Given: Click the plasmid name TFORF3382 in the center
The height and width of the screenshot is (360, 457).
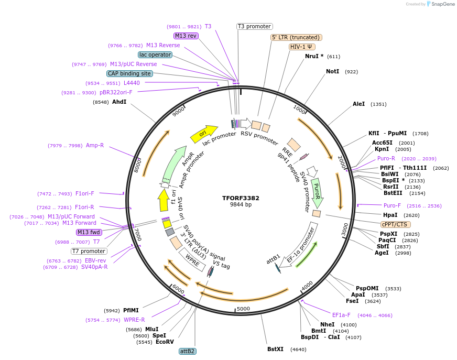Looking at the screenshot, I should (x=241, y=198).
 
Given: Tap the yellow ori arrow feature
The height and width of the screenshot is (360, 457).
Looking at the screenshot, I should (x=204, y=134).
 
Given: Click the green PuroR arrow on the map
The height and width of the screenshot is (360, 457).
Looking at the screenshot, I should (x=317, y=192).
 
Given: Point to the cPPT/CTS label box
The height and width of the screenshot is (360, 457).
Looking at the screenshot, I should (x=394, y=224).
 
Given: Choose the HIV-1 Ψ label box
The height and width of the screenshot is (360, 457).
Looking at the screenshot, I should (x=302, y=47).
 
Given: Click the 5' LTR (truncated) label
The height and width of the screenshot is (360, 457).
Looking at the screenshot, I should (x=296, y=37).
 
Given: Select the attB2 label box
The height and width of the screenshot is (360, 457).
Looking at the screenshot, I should (x=187, y=351).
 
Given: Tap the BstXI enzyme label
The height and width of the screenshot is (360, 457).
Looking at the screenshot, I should (x=275, y=349).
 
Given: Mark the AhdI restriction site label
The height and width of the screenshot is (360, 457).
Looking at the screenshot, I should (x=119, y=102).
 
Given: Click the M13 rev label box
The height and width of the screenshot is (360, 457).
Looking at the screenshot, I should (x=186, y=36).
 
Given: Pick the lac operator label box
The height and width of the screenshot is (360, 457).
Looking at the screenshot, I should (x=155, y=54).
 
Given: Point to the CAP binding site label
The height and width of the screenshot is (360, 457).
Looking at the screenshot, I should (x=129, y=74).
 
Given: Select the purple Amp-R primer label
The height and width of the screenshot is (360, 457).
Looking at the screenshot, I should (x=95, y=145).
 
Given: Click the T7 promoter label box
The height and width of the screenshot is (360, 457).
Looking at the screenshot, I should (x=89, y=251).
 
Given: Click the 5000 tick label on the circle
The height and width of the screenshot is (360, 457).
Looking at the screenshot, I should (x=244, y=309).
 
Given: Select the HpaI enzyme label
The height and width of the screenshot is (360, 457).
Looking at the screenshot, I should (x=390, y=215).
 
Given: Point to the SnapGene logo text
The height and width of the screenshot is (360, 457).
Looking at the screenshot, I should (x=441, y=4).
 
